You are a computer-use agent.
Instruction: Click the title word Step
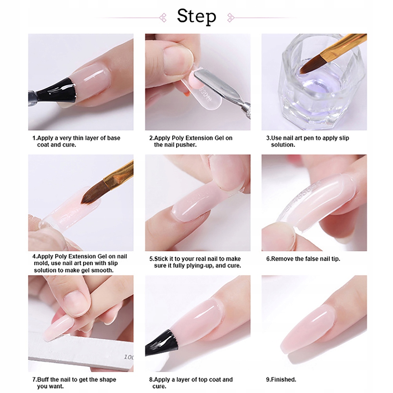tap(196, 16)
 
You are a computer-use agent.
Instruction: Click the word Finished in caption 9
tap(283, 379)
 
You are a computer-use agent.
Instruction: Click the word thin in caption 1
tap(78, 138)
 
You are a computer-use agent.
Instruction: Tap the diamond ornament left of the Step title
tap(163, 18)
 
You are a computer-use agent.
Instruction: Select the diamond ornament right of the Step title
tap(230, 18)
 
